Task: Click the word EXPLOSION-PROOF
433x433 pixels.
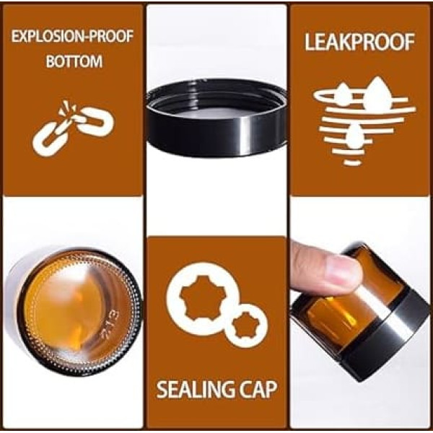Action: coord(72,36)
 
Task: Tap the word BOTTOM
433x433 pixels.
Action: coord(74,61)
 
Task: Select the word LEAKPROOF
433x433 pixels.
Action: coord(359,43)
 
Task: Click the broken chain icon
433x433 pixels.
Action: coord(73,128)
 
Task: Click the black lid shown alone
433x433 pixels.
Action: coord(216,118)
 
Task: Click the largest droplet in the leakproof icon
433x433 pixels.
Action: coord(377,93)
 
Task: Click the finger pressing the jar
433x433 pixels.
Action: coord(326,269)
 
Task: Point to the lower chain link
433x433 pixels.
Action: coord(50,139)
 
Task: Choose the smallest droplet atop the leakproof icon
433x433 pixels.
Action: coord(344,92)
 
